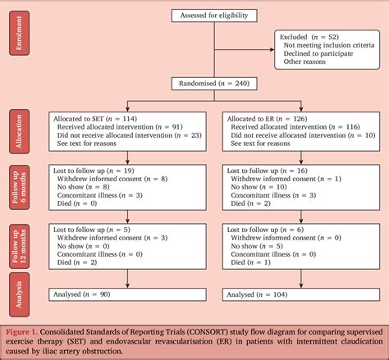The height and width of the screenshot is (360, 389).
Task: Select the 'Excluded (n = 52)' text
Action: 311,37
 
